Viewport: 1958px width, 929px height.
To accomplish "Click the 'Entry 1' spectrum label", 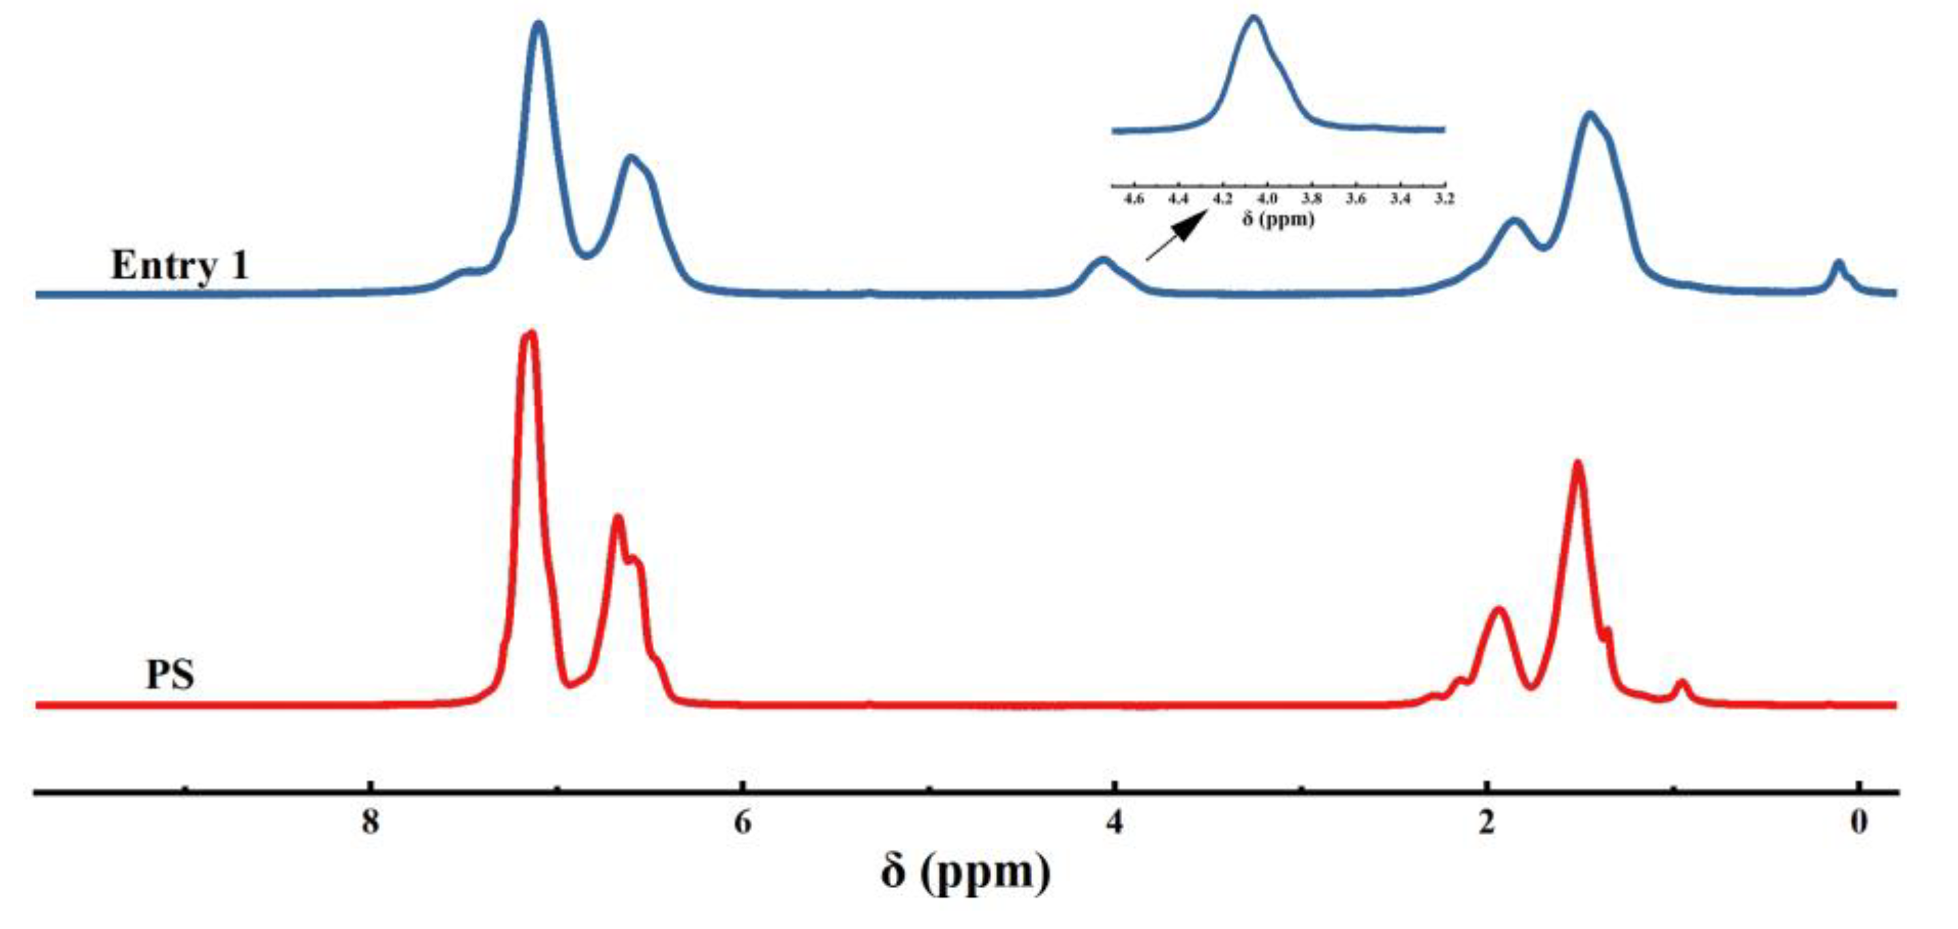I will [180, 265].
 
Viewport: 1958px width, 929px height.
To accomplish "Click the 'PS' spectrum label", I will [170, 673].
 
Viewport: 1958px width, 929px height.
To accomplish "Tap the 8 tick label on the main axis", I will [370, 821].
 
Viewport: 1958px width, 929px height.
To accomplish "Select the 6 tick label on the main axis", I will [743, 821].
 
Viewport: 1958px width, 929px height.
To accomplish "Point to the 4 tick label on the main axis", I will [1115, 821].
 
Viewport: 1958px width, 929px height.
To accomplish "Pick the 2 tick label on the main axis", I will [1487, 821].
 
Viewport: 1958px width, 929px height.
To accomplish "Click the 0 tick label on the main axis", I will [1859, 821].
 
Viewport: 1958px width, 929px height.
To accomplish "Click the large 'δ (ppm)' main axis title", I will [966, 872].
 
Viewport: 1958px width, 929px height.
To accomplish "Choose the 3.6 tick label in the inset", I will [1356, 199].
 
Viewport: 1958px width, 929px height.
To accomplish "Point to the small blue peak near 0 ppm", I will [1838, 264].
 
